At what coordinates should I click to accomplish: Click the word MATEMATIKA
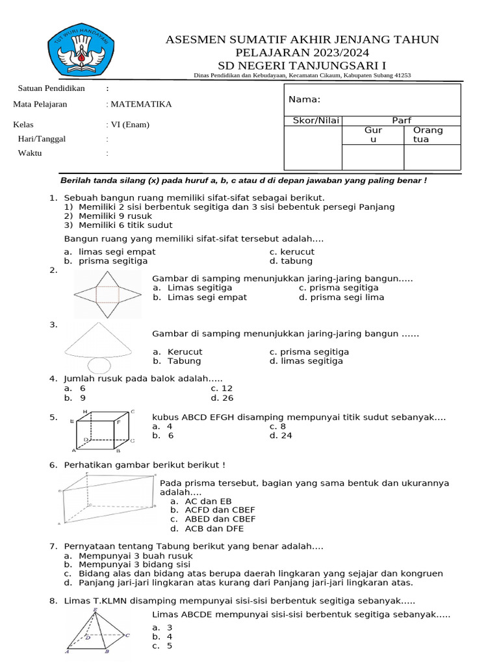[x=141, y=104]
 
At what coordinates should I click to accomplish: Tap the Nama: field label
[x=305, y=99]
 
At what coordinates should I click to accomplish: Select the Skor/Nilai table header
[x=313, y=121]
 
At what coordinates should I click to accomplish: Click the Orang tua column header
[x=428, y=134]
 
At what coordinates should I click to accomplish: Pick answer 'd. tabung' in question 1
[x=290, y=261]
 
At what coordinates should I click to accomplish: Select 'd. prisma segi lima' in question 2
[x=341, y=297]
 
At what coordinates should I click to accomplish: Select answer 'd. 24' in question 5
[x=281, y=436]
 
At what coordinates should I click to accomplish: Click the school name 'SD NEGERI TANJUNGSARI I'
[x=302, y=64]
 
